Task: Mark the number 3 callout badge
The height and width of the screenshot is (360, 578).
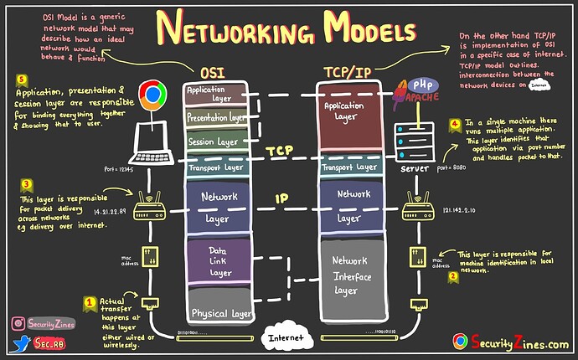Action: coord(27,183)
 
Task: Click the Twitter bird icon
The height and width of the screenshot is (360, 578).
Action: coord(19,343)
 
